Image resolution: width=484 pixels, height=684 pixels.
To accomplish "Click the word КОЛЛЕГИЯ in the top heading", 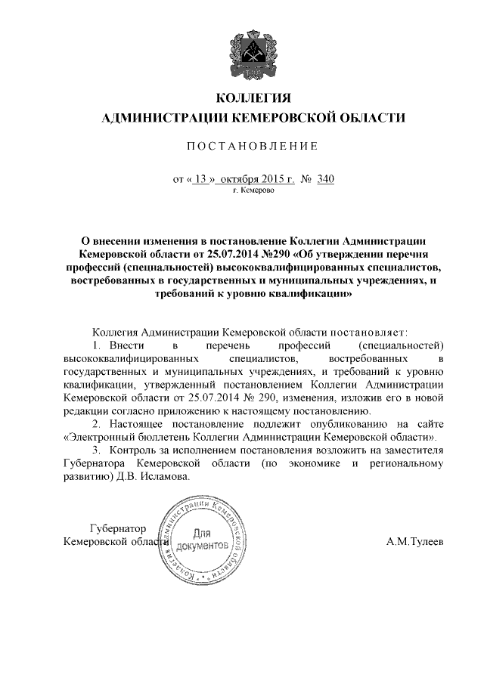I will (x=254, y=99).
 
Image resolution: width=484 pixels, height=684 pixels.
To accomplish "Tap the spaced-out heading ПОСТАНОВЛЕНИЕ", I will (x=253, y=146).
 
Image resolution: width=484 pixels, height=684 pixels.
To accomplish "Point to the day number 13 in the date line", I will (x=200, y=180).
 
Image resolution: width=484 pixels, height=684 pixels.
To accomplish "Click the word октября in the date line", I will (x=242, y=180).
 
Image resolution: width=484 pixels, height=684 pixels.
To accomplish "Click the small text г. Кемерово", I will (x=253, y=192).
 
